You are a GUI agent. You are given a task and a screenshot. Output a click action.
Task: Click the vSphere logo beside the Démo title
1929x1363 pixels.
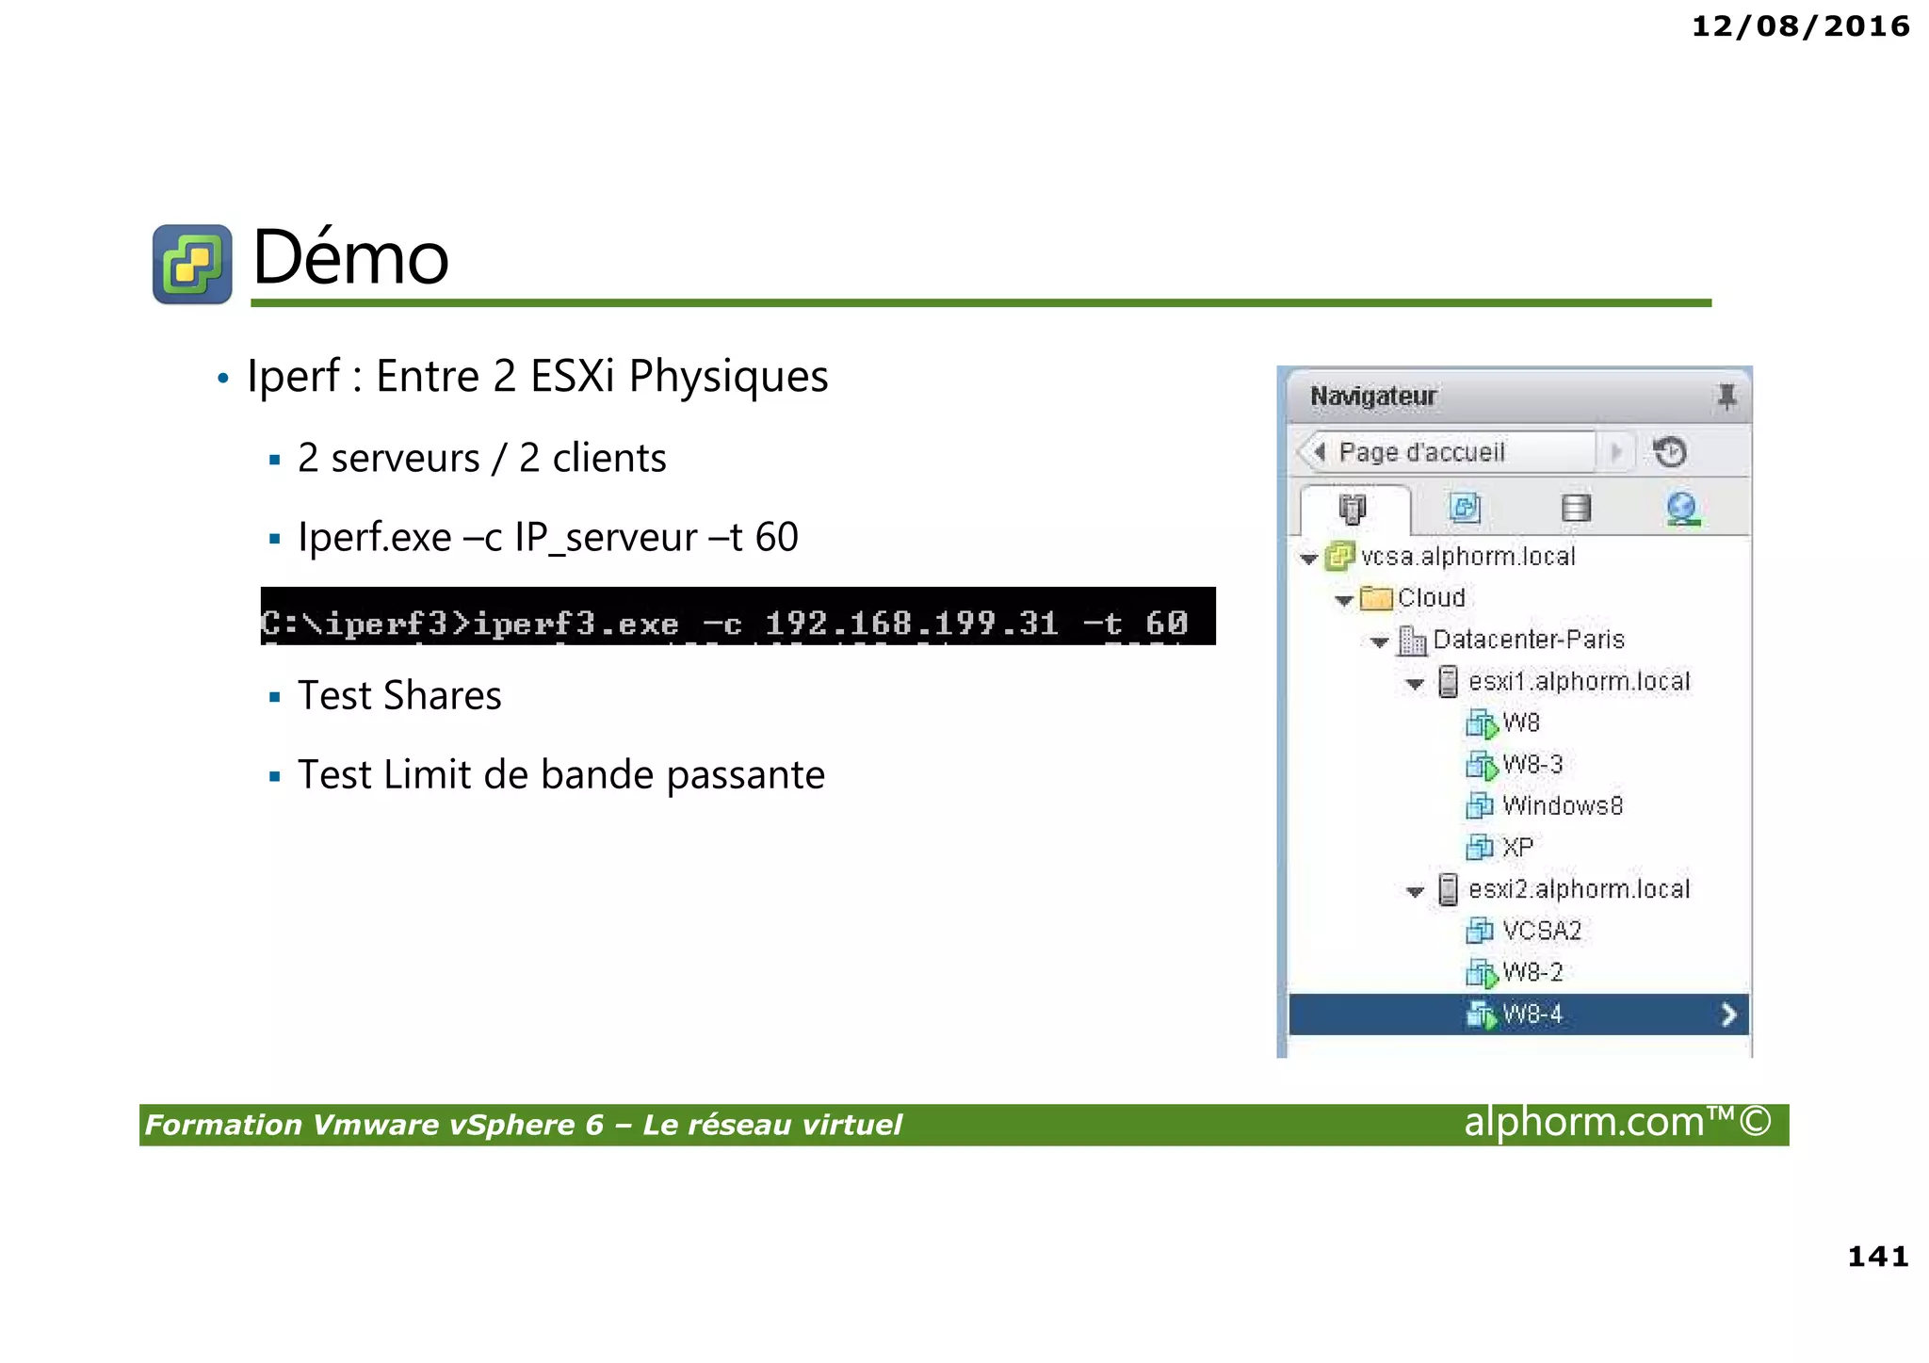click(x=192, y=264)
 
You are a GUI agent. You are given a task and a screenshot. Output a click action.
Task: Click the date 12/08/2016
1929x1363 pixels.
click(x=1800, y=26)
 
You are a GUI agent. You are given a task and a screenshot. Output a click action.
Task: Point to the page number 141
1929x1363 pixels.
click(x=1877, y=1256)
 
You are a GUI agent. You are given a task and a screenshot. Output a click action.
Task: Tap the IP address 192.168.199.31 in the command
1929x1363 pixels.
click(x=911, y=623)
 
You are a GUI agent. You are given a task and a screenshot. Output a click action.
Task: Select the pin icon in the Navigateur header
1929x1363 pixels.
click(x=1726, y=397)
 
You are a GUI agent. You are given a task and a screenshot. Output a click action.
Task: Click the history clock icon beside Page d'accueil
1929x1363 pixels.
click(x=1670, y=452)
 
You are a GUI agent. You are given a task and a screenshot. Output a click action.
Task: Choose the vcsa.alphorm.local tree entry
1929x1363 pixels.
click(x=1467, y=557)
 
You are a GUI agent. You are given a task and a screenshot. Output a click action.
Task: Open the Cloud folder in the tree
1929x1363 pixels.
click(x=1431, y=598)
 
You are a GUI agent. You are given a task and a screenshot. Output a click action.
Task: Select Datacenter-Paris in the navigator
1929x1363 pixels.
click(x=1528, y=640)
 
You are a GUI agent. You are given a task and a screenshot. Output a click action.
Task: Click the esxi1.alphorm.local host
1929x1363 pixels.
click(x=1579, y=681)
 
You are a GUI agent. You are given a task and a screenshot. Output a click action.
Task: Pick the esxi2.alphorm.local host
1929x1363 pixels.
click(x=1579, y=889)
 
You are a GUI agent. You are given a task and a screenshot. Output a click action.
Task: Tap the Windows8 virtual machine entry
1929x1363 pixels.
click(x=1562, y=806)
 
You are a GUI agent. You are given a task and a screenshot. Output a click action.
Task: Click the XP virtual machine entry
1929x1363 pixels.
click(x=1516, y=848)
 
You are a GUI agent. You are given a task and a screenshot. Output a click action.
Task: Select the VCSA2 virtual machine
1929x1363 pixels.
click(x=1541, y=931)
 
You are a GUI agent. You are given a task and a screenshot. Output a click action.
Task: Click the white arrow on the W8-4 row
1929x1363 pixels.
click(x=1728, y=1014)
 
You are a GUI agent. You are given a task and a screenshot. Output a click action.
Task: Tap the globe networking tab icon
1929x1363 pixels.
click(x=1682, y=509)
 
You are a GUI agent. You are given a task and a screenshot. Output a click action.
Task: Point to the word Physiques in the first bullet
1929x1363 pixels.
click(x=728, y=376)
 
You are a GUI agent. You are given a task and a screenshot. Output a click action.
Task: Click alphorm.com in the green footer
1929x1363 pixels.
click(x=1584, y=1123)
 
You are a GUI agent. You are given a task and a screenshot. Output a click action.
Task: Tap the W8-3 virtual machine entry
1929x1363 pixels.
click(x=1532, y=764)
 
